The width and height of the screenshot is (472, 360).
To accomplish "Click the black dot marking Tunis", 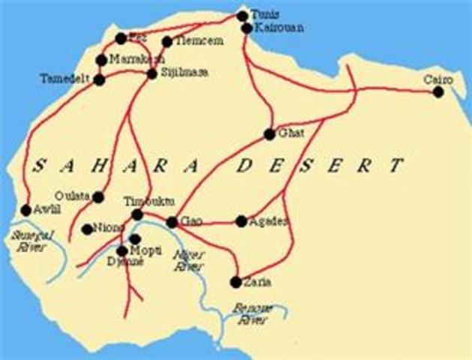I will pos(241,16).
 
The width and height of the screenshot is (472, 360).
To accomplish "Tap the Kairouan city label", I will pos(275,28).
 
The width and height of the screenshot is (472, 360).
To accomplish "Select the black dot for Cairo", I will pos(438,91).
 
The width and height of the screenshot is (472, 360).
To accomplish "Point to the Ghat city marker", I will pos(270,135).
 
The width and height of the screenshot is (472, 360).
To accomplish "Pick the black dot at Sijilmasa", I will pos(152,73).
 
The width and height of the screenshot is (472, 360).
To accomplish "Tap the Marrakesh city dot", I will pos(102,60).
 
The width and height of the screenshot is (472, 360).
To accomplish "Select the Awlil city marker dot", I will pos(26,211).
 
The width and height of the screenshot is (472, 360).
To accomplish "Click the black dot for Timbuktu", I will pos(137,215).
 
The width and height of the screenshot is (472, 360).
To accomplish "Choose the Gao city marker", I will pos(172,222).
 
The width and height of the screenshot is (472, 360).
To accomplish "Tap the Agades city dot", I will pos(240,221).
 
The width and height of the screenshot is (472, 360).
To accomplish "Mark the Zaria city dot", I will pos(236,282).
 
